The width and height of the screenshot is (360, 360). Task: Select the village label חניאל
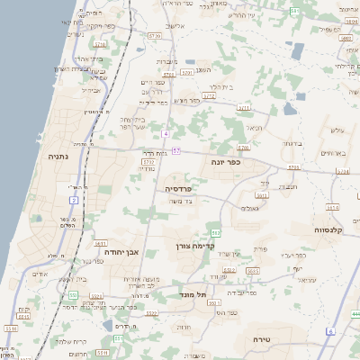point(255,128)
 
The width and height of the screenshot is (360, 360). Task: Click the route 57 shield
point(176,150)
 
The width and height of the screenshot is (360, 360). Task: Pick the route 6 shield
point(329,331)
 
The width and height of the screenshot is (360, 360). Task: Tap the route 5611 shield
point(100,243)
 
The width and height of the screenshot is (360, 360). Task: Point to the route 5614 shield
point(332,207)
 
